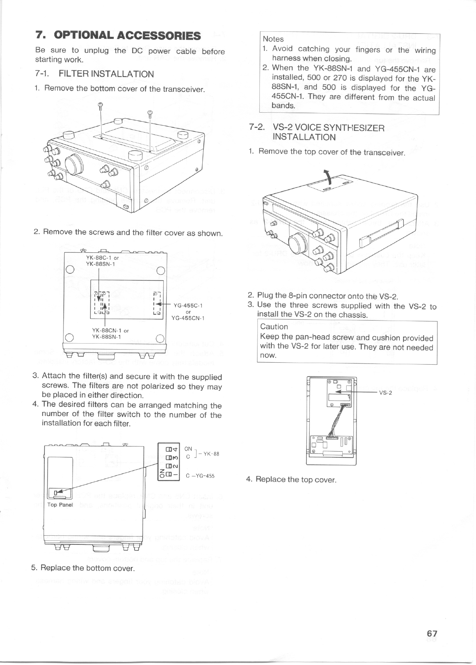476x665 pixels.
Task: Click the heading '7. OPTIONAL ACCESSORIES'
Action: click(118, 35)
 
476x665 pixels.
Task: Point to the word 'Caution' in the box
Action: click(274, 327)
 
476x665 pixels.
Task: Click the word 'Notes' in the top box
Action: click(273, 39)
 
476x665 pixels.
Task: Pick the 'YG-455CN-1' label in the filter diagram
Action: click(188, 318)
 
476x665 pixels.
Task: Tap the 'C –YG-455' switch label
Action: click(200, 475)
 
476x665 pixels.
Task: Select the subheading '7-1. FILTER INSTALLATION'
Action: click(94, 74)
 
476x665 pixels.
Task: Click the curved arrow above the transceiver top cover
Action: click(328, 175)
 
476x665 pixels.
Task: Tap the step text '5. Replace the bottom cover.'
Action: click(83, 568)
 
